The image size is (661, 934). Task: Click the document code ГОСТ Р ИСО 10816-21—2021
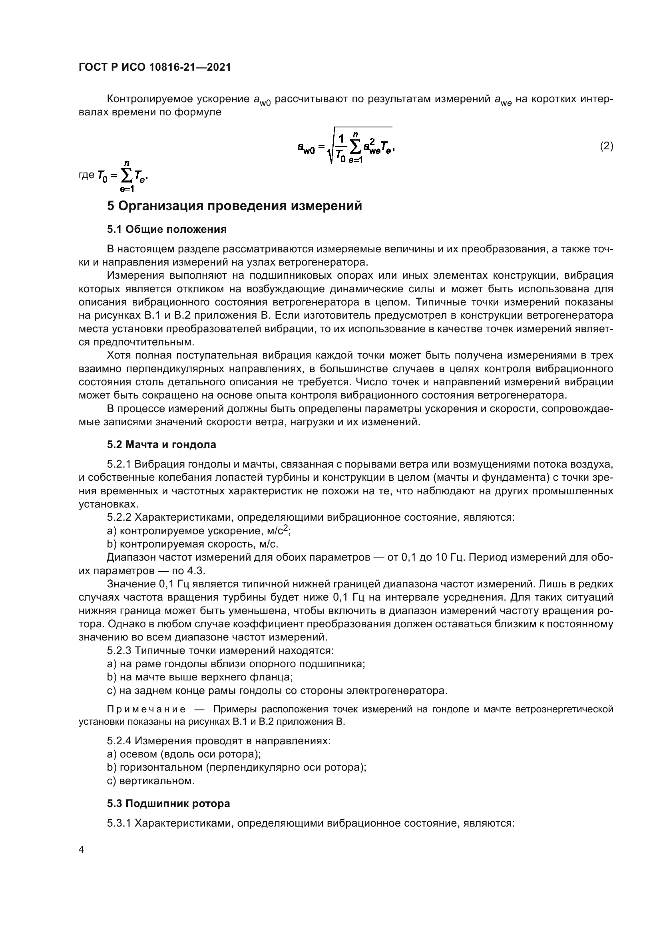click(x=155, y=67)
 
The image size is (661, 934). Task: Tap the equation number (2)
click(x=607, y=146)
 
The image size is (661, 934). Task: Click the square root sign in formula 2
click(x=331, y=151)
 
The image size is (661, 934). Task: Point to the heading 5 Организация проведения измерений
click(x=235, y=206)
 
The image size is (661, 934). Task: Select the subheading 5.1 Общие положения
click(x=167, y=230)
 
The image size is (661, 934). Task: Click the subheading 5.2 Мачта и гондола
click(x=161, y=444)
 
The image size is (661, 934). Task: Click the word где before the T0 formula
click(x=86, y=175)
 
